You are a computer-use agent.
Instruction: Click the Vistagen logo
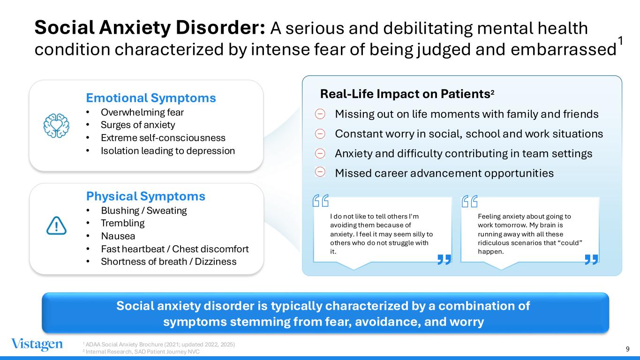click(37, 344)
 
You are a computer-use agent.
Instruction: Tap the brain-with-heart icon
click(56, 126)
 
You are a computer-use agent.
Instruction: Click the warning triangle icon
click(56, 225)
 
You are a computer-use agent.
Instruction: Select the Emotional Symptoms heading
click(151, 98)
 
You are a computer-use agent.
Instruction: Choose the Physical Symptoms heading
click(146, 196)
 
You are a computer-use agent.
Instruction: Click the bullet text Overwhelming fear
click(142, 112)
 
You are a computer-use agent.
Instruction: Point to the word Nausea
click(118, 236)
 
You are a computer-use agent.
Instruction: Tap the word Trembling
click(122, 223)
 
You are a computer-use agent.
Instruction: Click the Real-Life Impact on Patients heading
click(407, 94)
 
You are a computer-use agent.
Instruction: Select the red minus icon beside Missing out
click(320, 114)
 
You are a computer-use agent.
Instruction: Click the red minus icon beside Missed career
click(320, 172)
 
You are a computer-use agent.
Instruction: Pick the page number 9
click(628, 349)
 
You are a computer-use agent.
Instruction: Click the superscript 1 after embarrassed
click(620, 41)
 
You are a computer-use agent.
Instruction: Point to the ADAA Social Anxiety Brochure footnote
click(159, 344)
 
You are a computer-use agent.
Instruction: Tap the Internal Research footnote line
click(141, 352)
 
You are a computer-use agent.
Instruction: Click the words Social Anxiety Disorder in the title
click(150, 28)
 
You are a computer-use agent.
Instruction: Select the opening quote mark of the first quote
click(321, 201)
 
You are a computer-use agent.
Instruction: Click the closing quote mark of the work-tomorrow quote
click(591, 259)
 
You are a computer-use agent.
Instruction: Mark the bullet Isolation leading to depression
click(168, 151)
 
